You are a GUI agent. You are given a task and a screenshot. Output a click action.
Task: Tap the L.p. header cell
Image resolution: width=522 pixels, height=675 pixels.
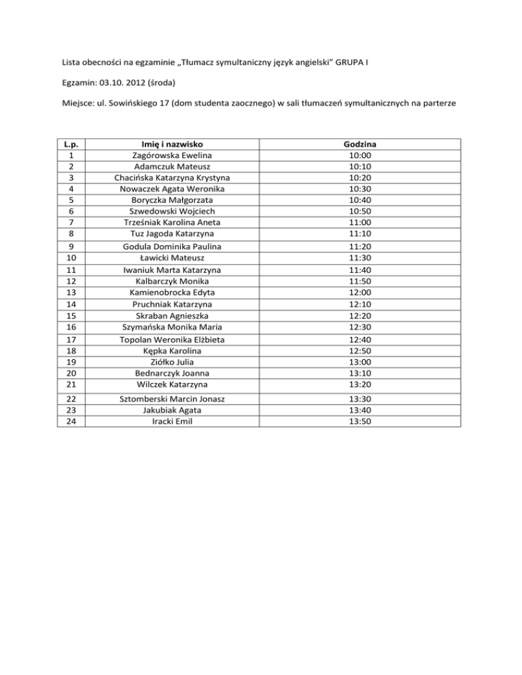tap(71, 143)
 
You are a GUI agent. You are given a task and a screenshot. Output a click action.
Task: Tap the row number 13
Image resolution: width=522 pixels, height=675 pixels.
tap(71, 293)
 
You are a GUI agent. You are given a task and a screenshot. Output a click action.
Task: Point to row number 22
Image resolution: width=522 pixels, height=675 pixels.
tap(71, 398)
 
